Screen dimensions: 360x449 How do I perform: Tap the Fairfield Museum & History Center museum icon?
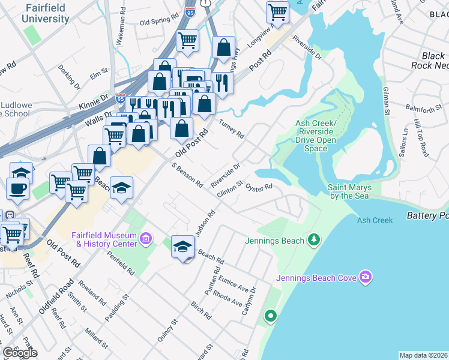pyautogui.click(x=145, y=239)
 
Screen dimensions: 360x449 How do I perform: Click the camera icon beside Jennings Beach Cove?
pyautogui.click(x=365, y=277)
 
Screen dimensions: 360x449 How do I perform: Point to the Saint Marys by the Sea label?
pyautogui.click(x=349, y=191)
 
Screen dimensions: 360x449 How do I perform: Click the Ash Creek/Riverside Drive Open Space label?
pyautogui.click(x=315, y=136)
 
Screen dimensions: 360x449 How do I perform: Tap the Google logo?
pyautogui.click(x=20, y=353)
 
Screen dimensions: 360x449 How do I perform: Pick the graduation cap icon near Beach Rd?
pyautogui.click(x=182, y=247)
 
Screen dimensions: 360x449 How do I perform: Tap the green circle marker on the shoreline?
pyautogui.click(x=271, y=315)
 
